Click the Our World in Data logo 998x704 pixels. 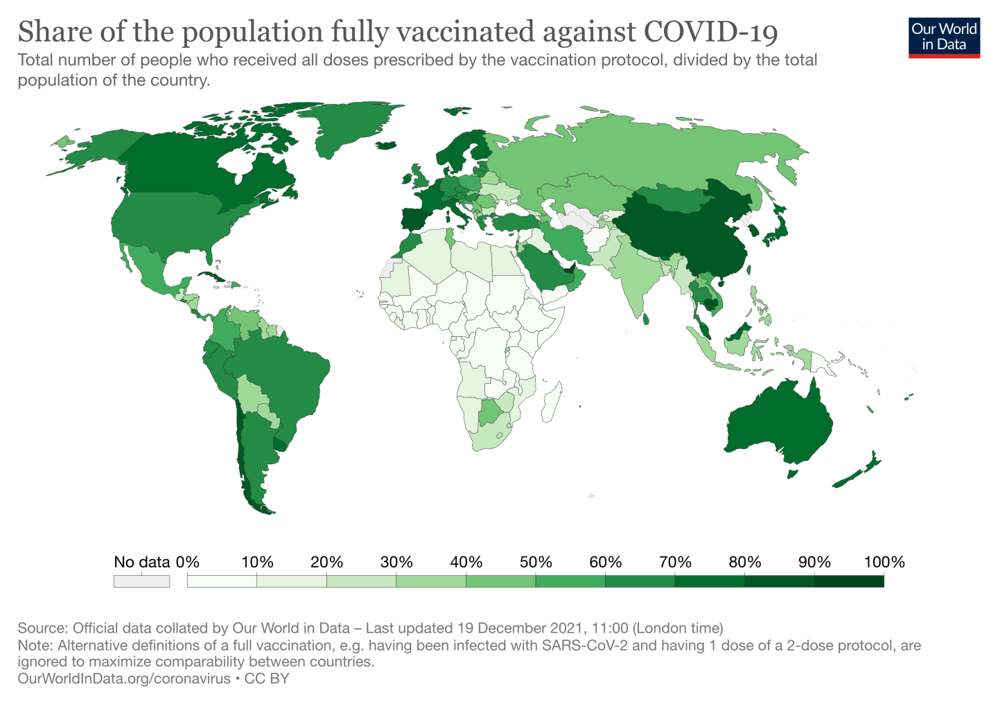944,37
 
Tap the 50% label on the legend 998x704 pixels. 536,562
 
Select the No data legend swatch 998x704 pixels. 141,581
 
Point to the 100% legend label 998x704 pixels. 884,562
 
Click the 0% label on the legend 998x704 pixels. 188,562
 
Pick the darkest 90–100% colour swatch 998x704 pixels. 849,581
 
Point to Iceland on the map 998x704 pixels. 386,146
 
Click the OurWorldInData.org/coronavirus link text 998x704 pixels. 123,678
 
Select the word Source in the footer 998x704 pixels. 41,628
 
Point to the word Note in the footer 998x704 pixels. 33,646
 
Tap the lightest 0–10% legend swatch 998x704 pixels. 222,581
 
